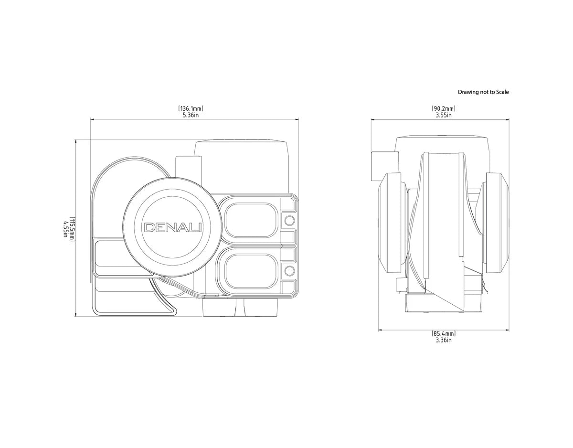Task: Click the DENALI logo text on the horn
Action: [173, 227]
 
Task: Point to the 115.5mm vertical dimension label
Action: [72, 229]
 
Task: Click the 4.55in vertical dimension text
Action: [65, 229]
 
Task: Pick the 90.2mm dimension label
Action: [443, 109]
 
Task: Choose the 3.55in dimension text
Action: [443, 115]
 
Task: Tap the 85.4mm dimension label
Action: [444, 333]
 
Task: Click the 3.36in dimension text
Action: [444, 340]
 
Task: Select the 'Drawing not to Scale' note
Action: [483, 92]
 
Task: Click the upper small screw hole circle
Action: [289, 220]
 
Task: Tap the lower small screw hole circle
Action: [289, 271]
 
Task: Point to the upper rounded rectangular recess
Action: [250, 220]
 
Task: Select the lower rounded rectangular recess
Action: [250, 271]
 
